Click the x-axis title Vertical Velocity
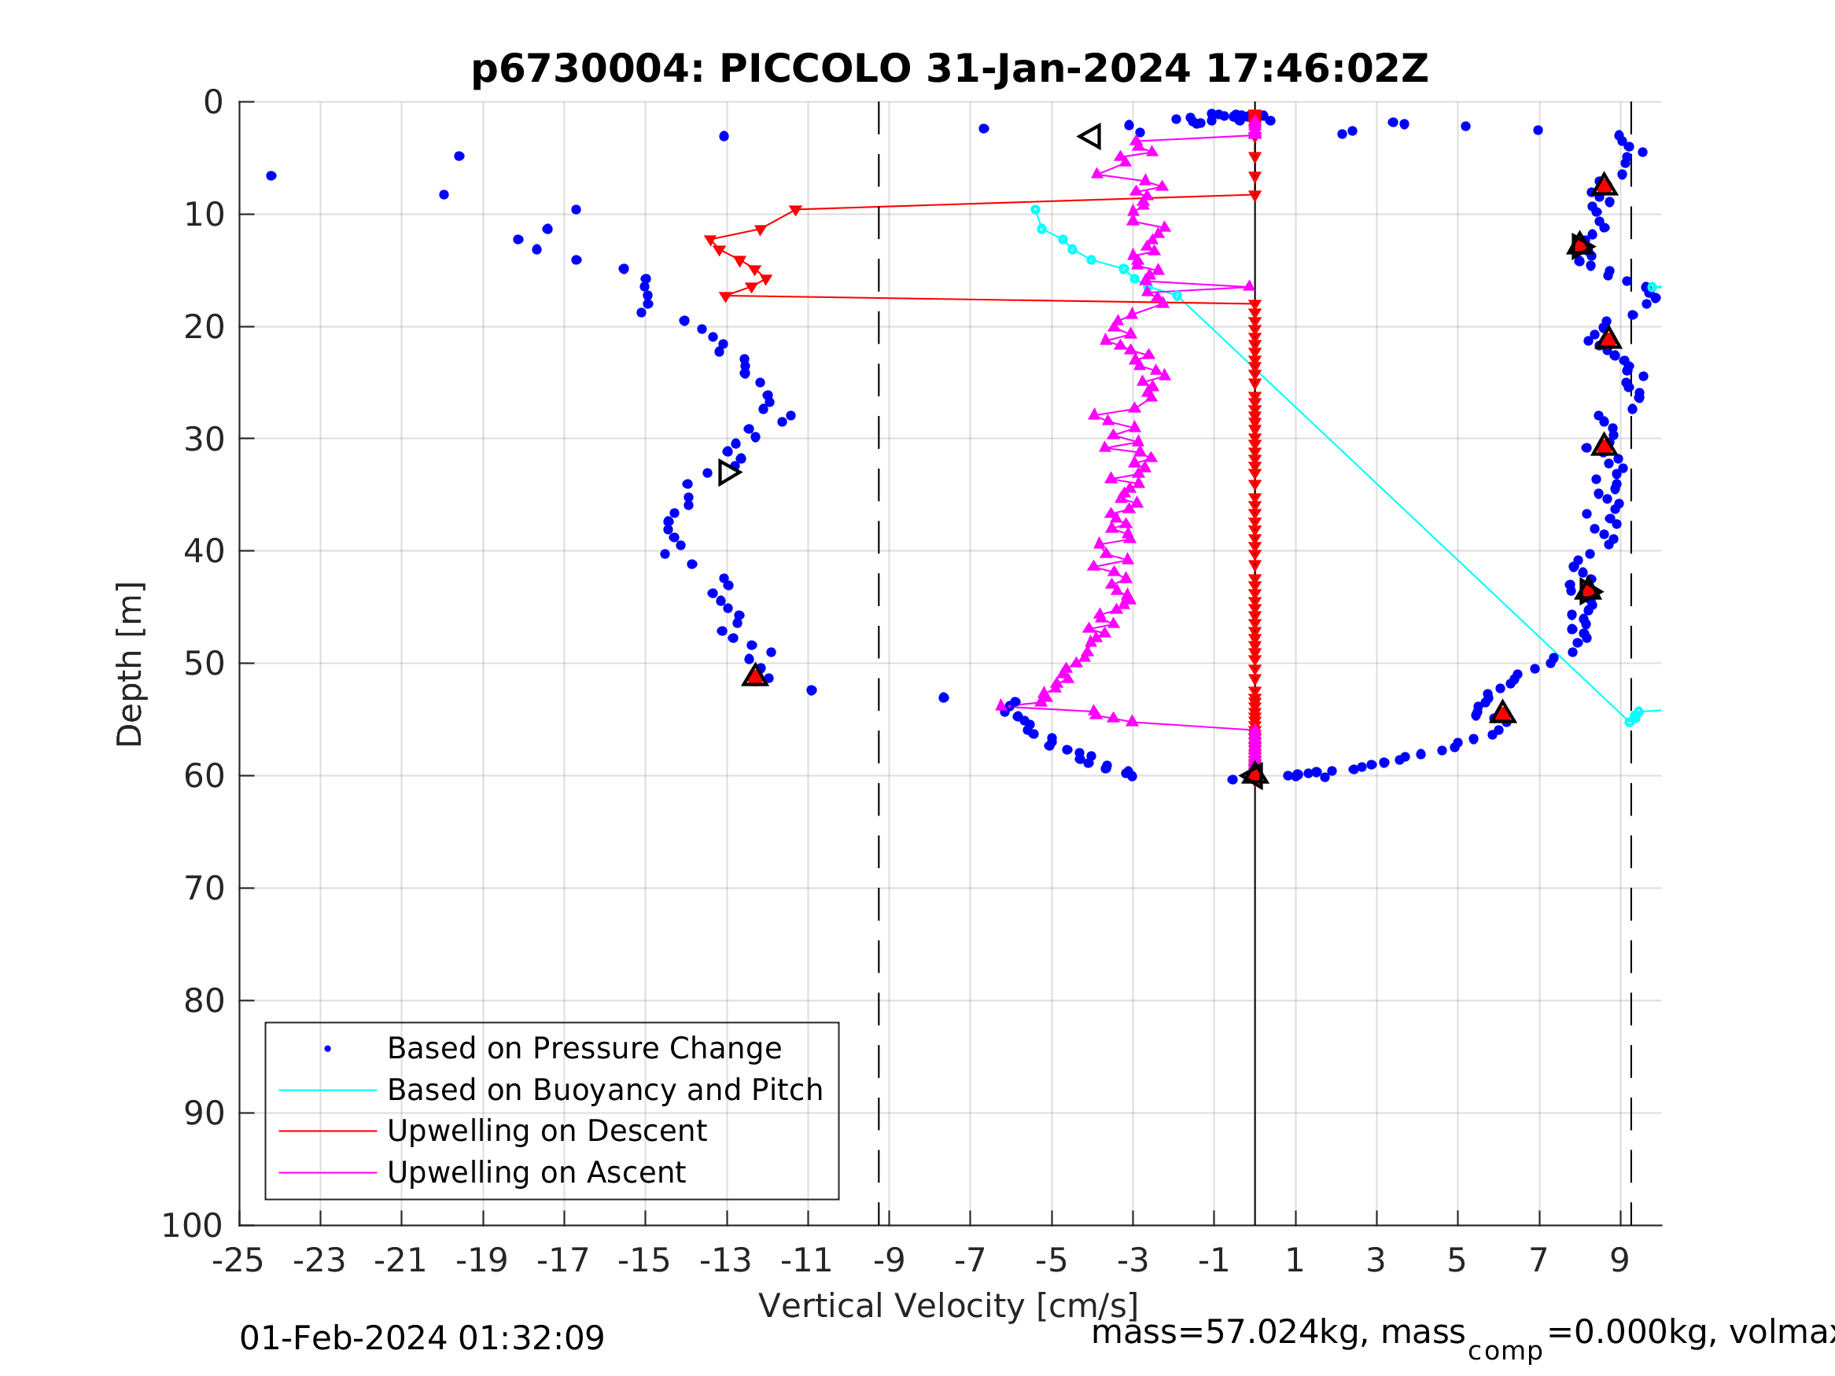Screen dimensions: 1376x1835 947,1305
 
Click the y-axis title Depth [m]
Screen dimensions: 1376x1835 131,664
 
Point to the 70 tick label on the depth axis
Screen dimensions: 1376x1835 203,889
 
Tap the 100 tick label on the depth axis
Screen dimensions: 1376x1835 193,1226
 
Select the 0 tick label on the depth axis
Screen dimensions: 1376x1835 213,103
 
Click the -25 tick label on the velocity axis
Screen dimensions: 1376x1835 238,1260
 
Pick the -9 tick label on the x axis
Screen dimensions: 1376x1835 889,1260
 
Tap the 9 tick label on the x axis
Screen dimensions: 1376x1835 1619,1260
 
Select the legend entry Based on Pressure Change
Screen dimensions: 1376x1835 584,1048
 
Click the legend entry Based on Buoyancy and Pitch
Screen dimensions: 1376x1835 605,1090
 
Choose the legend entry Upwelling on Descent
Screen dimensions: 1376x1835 547,1131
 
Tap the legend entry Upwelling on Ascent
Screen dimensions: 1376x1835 536,1172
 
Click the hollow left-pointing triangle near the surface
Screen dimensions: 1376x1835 1090,137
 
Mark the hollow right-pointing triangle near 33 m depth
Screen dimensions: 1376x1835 728,473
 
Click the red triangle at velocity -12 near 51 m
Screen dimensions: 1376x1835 755,675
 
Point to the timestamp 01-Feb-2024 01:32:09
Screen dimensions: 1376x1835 422,1337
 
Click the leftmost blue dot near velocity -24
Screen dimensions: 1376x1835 271,176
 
